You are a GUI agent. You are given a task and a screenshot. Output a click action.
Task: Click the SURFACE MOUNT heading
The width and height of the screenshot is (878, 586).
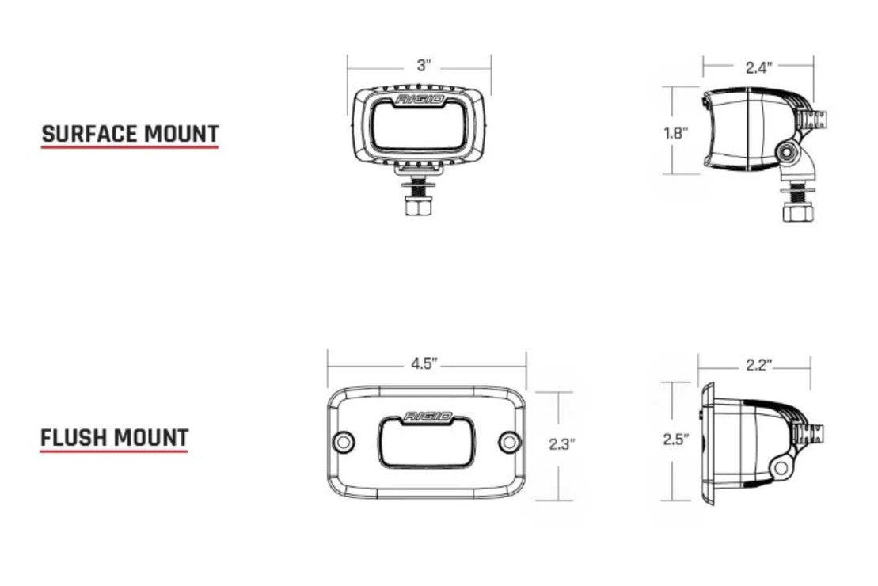coord(130,135)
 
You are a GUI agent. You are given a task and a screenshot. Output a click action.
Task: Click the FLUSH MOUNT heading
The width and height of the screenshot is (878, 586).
coord(114,438)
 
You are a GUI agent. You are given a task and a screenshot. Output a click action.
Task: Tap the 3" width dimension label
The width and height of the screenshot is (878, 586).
coord(424,66)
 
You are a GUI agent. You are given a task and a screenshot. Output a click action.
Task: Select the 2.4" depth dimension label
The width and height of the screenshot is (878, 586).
coord(758,68)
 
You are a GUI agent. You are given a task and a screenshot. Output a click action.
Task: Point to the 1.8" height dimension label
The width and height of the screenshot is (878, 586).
coord(676,133)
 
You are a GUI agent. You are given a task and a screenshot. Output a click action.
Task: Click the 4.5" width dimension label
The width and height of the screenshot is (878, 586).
coord(424,363)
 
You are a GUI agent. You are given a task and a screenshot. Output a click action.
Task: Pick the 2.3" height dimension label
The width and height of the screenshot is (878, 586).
coord(561,444)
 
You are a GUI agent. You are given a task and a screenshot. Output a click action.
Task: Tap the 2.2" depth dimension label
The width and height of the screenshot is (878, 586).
coord(758,365)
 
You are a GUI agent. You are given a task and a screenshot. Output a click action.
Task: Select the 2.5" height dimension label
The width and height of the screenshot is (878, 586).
coord(676,439)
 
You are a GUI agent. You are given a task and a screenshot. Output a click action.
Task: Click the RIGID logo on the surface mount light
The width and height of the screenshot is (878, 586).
coord(420,100)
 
